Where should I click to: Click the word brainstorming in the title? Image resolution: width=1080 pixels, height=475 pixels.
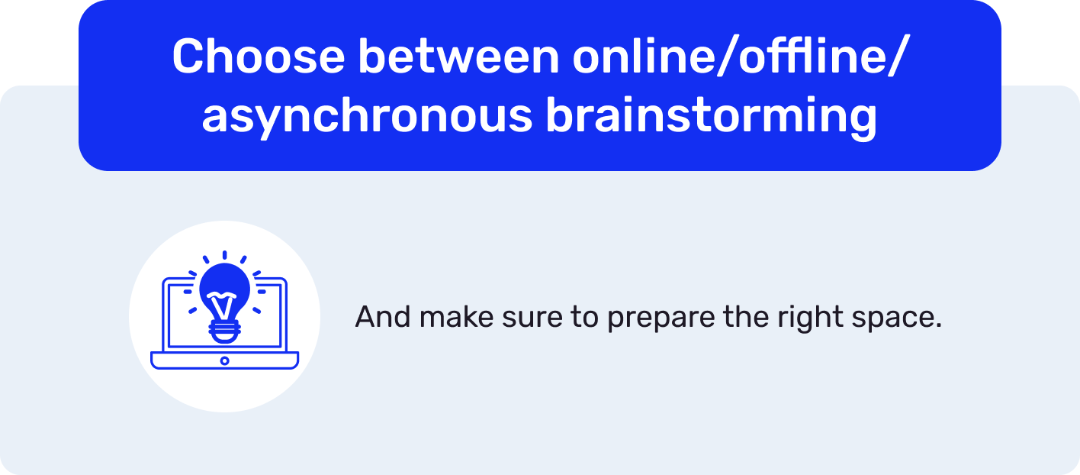tap(711, 117)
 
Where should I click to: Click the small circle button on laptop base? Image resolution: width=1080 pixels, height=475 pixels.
tap(224, 360)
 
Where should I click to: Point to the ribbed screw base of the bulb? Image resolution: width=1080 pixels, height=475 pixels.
tap(224, 330)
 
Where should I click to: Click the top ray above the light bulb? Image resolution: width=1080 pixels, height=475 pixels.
tap(224, 255)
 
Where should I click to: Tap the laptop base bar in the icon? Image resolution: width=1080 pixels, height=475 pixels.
tap(224, 360)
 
